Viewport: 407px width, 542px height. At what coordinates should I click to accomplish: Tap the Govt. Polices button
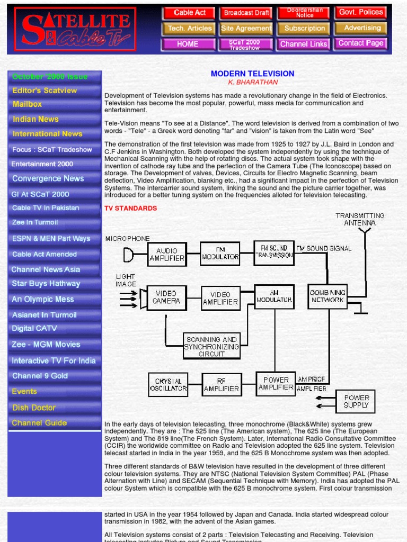pos(360,13)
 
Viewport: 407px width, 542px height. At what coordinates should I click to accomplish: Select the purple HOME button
pos(188,44)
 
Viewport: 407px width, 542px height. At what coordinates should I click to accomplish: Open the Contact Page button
pos(360,43)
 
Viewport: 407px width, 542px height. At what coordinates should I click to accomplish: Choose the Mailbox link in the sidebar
pos(28,104)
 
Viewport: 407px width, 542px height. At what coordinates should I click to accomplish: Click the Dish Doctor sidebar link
pos(34,408)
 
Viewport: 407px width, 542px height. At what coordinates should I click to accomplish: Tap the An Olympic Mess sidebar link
pos(43,299)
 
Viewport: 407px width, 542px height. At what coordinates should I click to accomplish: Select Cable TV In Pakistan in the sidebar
pos(46,208)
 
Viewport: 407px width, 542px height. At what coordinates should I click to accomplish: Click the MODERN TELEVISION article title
pos(252,74)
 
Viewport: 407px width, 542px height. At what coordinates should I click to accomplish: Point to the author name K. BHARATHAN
pos(252,82)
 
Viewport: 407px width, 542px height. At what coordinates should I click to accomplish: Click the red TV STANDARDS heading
pos(130,208)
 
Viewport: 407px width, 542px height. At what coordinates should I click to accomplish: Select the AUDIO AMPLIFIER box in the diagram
pos(167,254)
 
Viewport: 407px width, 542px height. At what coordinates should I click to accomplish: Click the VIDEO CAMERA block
pos(166,297)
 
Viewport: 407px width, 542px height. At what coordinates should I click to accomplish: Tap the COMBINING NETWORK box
pos(328,296)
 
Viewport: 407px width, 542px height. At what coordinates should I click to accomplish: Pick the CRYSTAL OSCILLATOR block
pos(168,384)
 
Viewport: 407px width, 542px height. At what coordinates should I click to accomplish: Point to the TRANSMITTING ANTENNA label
pos(360,219)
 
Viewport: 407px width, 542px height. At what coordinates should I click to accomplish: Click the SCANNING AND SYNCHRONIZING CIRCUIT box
pos(211,346)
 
